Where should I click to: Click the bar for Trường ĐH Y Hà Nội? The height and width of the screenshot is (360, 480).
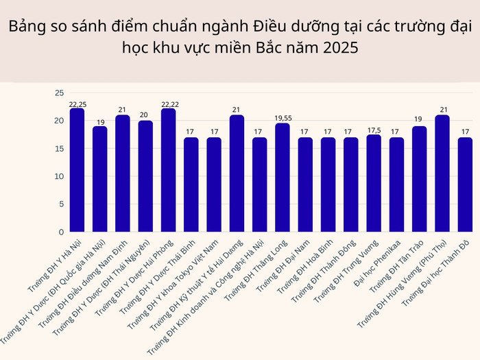point(77,170)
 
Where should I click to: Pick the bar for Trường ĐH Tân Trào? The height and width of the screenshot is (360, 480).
point(420,179)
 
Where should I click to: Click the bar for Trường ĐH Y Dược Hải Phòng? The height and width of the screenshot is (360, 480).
point(168,170)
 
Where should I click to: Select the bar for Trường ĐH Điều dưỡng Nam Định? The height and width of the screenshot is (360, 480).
point(123,173)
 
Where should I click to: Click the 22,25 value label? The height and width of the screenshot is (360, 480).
point(77,104)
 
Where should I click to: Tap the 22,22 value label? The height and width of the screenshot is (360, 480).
point(168,104)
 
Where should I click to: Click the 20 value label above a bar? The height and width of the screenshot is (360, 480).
point(145,116)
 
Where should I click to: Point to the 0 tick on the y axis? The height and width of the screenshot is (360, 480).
point(61,232)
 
